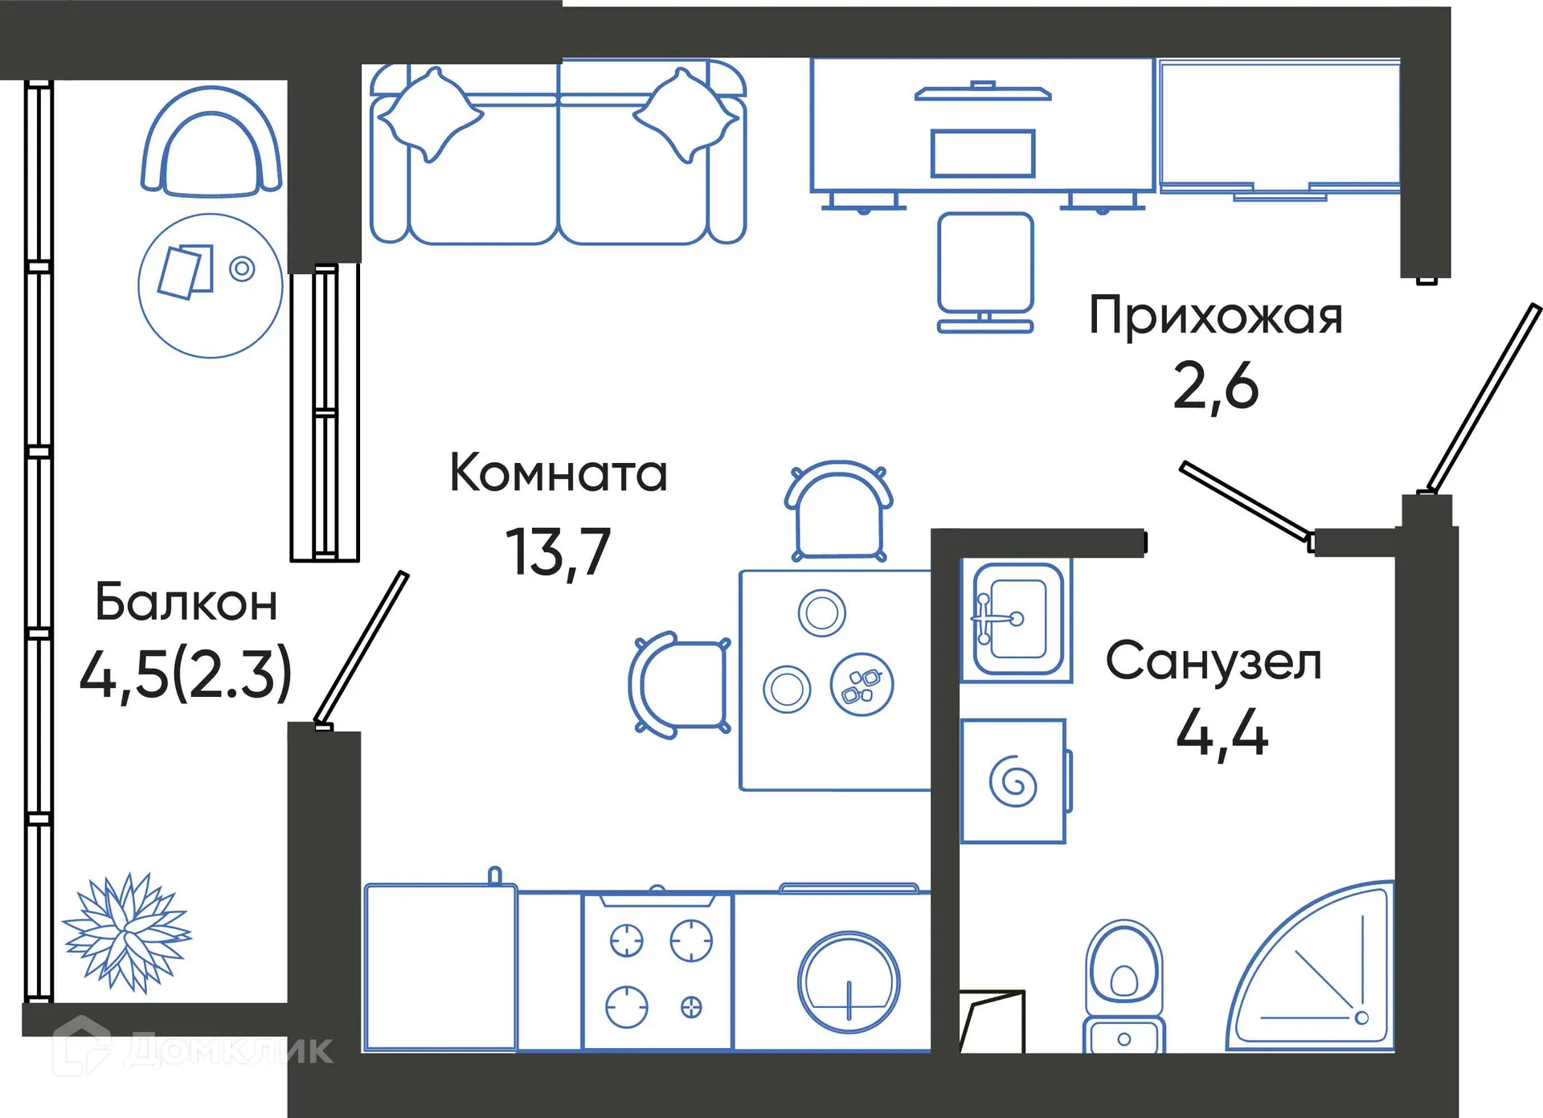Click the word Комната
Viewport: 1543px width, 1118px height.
[x=558, y=473]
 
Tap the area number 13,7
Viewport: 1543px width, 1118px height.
[x=558, y=552]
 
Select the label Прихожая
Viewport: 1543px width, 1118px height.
[x=1215, y=316]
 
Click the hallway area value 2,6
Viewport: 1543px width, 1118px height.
[x=1215, y=387]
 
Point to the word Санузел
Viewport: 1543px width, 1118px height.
[x=1214, y=661]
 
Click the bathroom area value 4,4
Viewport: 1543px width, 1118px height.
[x=1222, y=733]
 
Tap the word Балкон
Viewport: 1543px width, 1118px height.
[x=186, y=602]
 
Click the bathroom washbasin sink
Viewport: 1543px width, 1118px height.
[x=1017, y=620]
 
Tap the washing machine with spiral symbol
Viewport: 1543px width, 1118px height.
[x=1013, y=781]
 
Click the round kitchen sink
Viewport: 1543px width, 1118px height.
[x=849, y=982]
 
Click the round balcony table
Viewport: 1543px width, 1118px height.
[x=210, y=285]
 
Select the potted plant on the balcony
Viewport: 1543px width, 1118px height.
[x=127, y=932]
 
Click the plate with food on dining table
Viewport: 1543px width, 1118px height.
[x=862, y=685]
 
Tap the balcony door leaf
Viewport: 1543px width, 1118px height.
[x=362, y=647]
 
